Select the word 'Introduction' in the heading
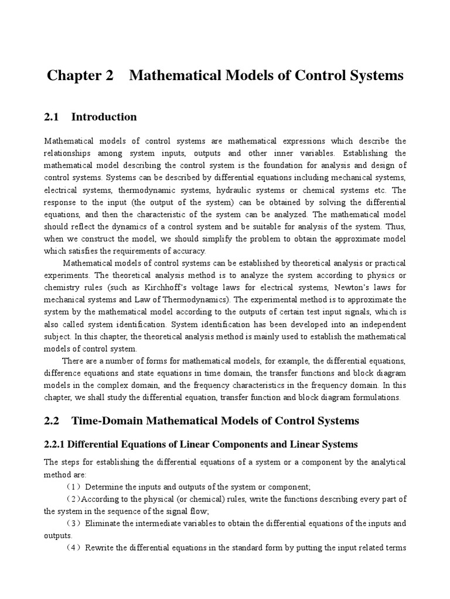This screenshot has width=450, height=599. coord(104,117)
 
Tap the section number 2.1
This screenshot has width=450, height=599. coord(52,117)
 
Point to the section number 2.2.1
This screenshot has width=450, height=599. coord(56,445)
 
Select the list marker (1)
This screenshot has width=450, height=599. coord(73,487)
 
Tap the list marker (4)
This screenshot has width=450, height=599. coord(73,548)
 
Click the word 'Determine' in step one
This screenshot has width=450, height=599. coord(104,487)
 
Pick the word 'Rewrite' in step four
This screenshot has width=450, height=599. coord(100,548)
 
